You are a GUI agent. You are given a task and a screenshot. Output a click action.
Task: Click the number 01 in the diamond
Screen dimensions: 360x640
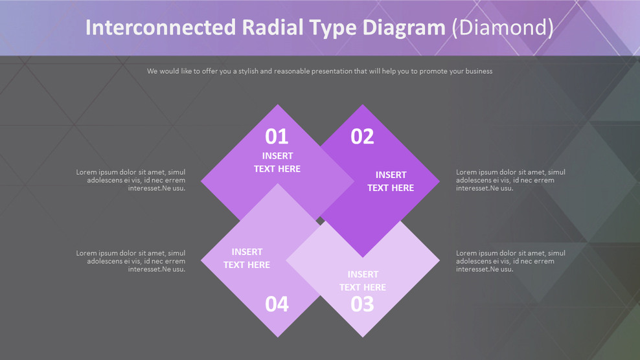point(277,137)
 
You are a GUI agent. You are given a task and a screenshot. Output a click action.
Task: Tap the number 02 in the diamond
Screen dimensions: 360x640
point(362,137)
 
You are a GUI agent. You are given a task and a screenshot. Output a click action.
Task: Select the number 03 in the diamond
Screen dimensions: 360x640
point(362,304)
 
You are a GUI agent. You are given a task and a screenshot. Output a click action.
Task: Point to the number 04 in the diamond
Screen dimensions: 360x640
point(277,304)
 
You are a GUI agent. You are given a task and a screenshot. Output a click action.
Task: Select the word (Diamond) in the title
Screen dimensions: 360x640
point(502,28)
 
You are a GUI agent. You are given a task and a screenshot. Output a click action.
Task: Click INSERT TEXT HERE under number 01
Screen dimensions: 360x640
point(277,162)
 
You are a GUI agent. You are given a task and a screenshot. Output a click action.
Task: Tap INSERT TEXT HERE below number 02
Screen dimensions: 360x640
point(391,181)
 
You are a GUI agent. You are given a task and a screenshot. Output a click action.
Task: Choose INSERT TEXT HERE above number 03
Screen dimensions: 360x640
point(363,280)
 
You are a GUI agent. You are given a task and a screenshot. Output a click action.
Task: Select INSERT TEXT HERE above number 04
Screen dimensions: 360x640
point(247,258)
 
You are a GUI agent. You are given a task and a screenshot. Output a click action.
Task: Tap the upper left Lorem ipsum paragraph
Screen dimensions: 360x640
point(131,180)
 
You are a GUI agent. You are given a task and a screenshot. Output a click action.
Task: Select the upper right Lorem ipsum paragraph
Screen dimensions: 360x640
point(510,180)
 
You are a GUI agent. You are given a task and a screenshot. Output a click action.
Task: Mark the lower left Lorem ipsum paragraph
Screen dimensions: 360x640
point(131,261)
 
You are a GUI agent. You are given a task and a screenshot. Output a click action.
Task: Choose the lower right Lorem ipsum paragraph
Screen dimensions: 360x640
point(510,261)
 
